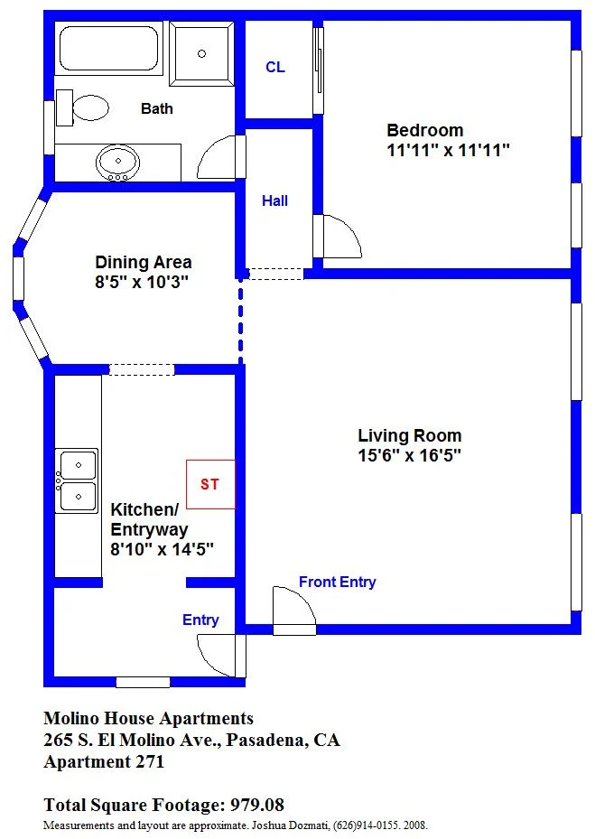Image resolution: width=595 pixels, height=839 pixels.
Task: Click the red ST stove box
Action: pos(210,484)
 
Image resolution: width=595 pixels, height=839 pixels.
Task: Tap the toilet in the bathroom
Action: pos(82,107)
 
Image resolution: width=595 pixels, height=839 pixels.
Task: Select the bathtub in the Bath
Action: pos(108,48)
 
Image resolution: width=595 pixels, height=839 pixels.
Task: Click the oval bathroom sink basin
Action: pos(117,163)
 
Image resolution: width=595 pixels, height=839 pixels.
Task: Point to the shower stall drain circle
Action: pos(201,53)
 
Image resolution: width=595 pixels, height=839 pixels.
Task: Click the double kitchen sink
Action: pos(77,480)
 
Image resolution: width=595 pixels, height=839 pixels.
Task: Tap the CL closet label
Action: pos(275,67)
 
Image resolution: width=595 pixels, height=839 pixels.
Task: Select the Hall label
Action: pos(275,200)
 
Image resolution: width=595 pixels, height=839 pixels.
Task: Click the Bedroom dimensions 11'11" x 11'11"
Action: pos(448,150)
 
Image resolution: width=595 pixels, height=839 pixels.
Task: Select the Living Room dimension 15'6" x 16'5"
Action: pos(409,455)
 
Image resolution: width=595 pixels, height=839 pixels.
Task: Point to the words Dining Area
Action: pos(144,262)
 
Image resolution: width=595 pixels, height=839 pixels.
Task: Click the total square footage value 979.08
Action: pos(256,805)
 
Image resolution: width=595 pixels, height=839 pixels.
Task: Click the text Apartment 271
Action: pos(104,762)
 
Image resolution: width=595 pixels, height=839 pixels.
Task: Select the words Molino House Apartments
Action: pos(149,718)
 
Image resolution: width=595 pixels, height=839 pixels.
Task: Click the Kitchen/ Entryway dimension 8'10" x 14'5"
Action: pos(163,549)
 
